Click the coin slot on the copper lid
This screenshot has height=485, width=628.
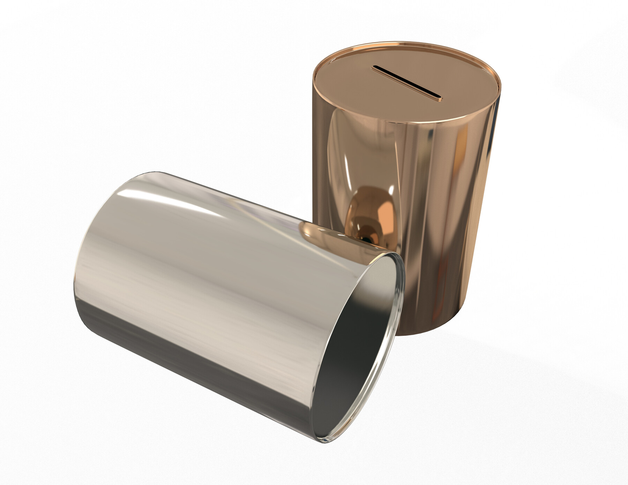406,83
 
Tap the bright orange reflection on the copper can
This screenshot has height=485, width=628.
377,209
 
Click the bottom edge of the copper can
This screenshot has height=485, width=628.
429,335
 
